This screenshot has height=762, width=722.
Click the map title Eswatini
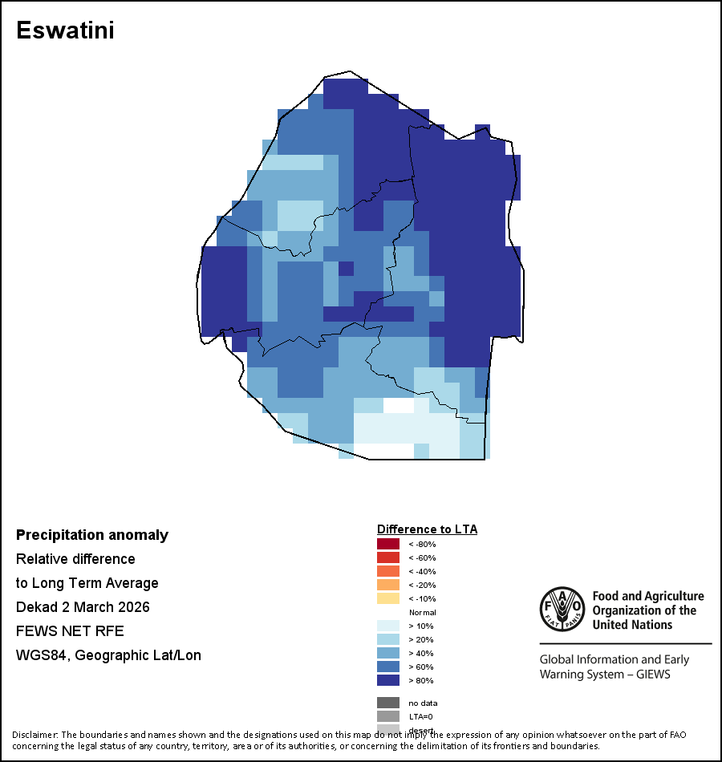(65, 30)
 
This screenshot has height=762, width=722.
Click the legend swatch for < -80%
(388, 544)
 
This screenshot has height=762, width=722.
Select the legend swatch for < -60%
(388, 557)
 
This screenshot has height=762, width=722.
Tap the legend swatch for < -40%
(388, 571)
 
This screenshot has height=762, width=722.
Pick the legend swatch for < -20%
(388, 585)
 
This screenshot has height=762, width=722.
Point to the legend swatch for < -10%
(388, 598)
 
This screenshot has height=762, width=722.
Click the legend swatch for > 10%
(388, 626)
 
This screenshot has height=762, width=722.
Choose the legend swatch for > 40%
(388, 653)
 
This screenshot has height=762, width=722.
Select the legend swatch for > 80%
(388, 680)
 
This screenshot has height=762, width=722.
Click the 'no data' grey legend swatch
(388, 703)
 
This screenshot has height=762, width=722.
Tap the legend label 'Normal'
(421, 612)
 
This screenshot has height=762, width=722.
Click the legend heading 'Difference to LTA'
(427, 529)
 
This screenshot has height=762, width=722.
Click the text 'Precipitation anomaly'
(92, 535)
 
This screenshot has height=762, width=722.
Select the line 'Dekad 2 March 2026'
(83, 607)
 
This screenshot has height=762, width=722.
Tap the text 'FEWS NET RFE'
(70, 631)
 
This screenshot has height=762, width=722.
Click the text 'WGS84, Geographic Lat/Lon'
(108, 655)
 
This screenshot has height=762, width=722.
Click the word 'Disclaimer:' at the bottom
(34, 735)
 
